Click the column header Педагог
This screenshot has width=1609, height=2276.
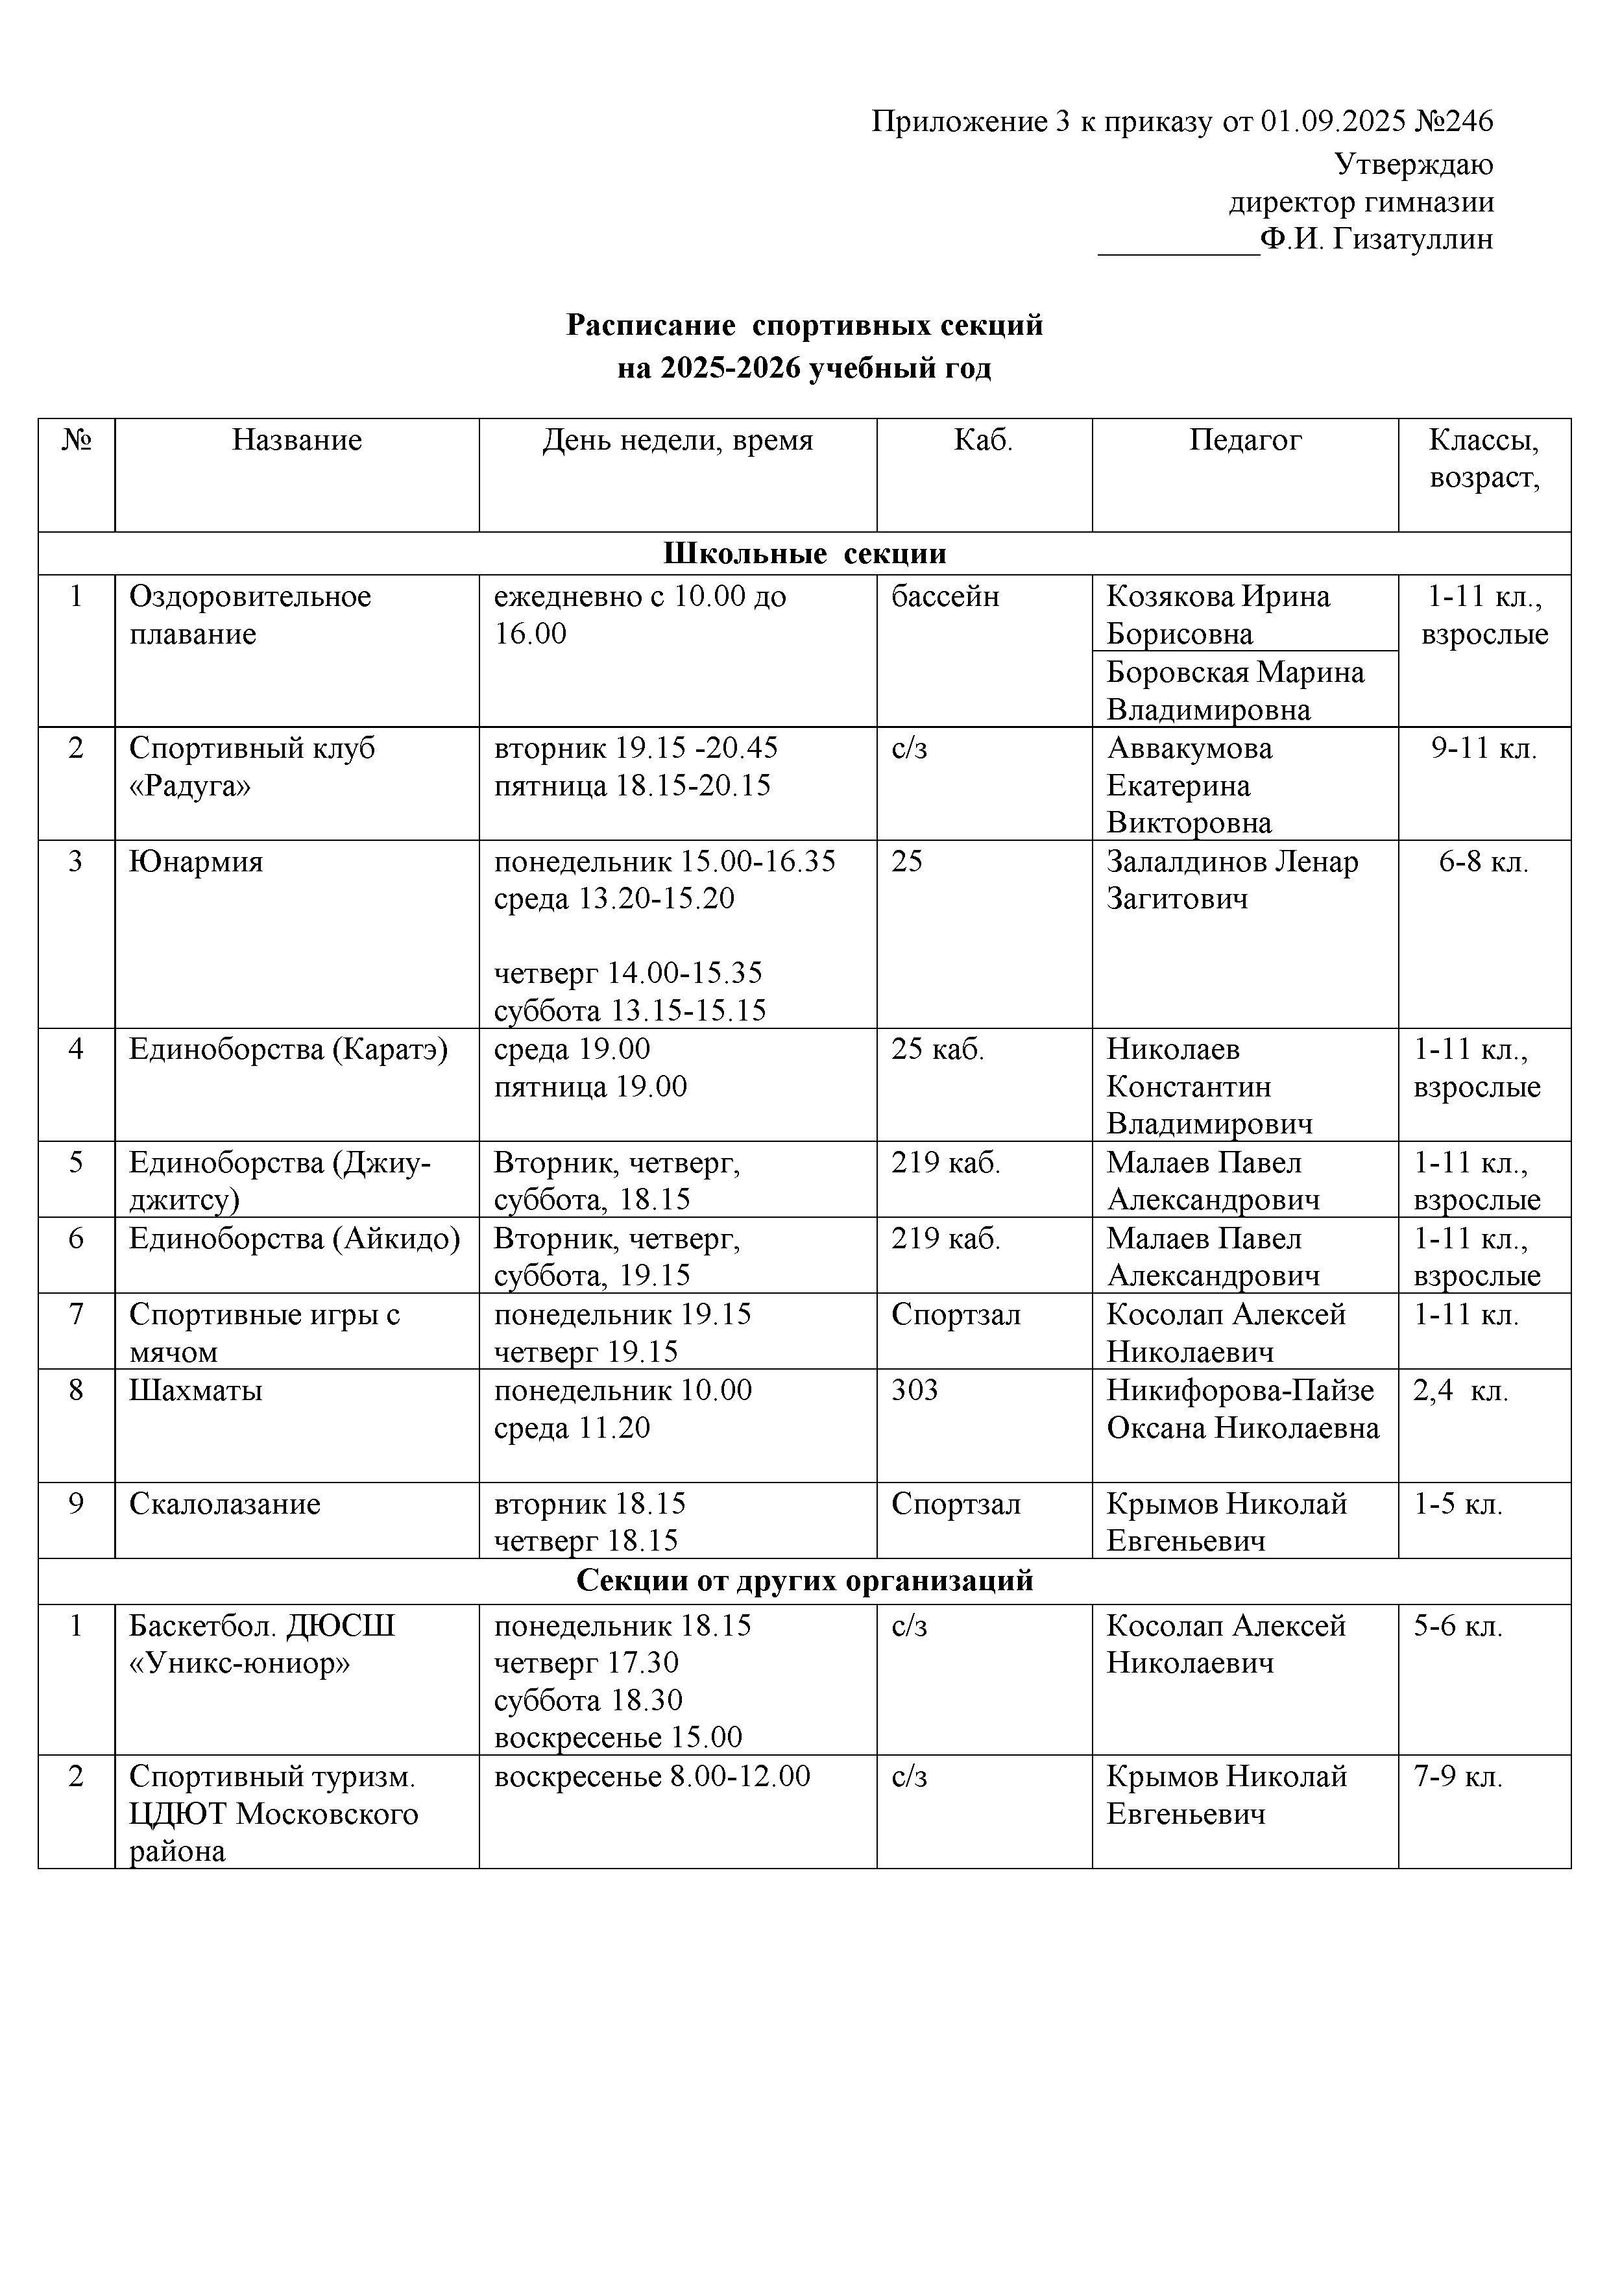[1244, 440]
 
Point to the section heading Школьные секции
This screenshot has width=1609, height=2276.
[804, 553]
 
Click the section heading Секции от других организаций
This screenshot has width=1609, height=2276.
[804, 1580]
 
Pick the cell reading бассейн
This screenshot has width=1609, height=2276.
[945, 597]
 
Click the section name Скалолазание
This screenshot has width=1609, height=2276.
[225, 1504]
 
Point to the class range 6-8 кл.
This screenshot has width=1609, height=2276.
[1483, 862]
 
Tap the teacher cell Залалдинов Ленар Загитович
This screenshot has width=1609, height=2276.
[1231, 880]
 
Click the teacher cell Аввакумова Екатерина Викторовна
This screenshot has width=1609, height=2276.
[1190, 785]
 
